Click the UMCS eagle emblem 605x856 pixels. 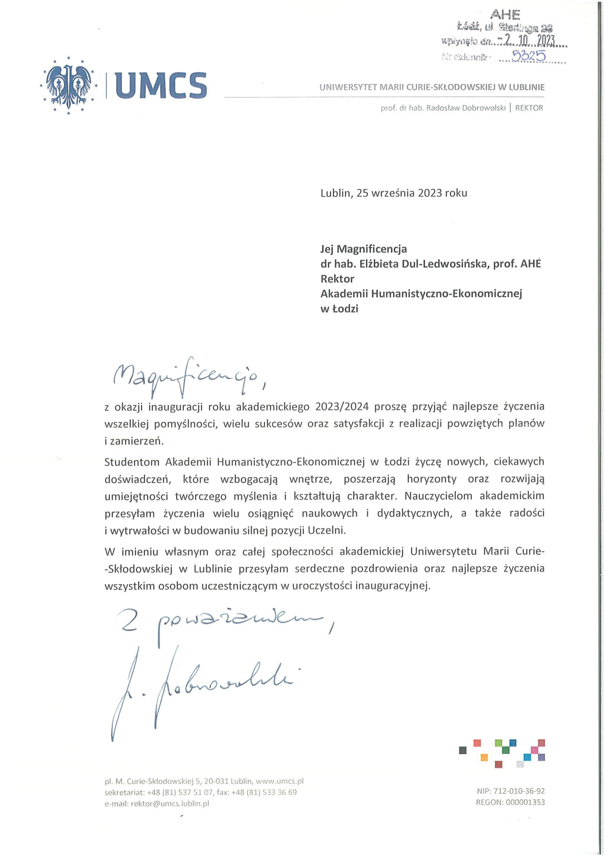tap(68, 85)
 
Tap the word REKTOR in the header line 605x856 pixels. tap(529, 108)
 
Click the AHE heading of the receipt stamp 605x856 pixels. tap(505, 15)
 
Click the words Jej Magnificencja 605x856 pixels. tap(363, 249)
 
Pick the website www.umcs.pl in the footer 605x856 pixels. tap(280, 781)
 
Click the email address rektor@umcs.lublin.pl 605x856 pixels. tap(170, 803)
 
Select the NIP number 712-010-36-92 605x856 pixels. tap(519, 791)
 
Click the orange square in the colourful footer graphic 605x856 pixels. tap(484, 757)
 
